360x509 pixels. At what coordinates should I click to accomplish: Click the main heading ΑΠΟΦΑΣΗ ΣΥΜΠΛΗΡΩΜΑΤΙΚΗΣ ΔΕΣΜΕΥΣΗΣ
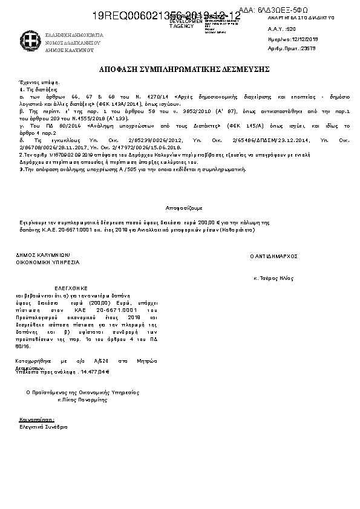185,70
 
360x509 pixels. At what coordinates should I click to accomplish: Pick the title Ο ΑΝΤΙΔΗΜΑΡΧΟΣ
273,256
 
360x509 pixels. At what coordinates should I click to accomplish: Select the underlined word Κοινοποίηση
37,418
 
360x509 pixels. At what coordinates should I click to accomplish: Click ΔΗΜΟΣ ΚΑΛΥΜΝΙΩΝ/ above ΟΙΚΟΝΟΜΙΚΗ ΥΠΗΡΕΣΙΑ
43,255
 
